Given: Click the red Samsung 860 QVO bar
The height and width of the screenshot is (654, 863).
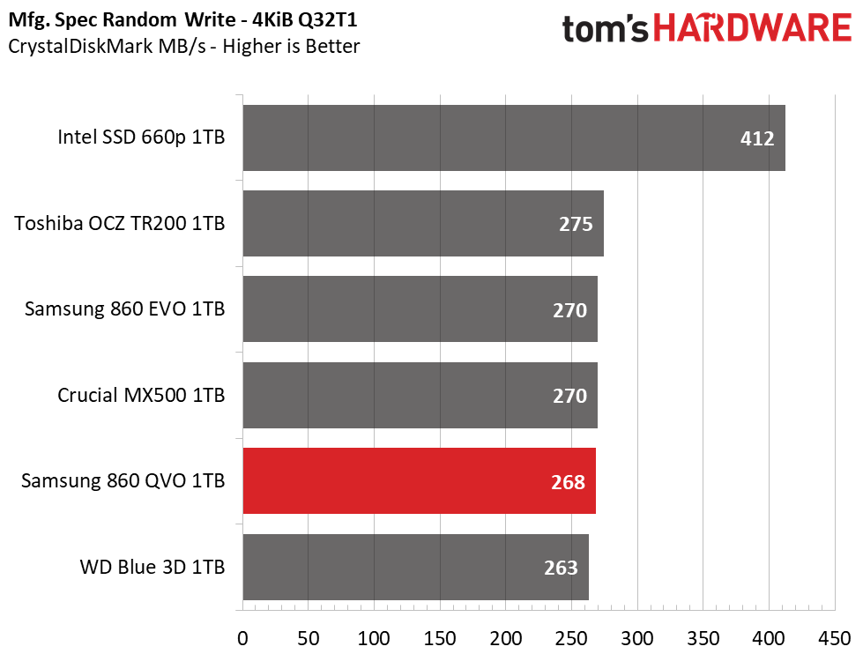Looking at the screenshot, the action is coord(420,480).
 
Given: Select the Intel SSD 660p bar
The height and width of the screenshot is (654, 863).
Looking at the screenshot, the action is coord(514,137).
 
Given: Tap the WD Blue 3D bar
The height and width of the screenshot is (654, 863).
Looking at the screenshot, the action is coord(416,567).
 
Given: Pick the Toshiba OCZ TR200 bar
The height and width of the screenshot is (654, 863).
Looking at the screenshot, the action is coord(423,224).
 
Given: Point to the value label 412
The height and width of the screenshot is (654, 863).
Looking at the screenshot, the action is coord(756,138).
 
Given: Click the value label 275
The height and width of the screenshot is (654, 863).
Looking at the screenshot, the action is coord(576,225).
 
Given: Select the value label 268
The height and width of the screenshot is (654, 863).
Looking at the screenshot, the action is coord(568,482).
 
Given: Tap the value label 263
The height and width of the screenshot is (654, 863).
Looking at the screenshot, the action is coord(561,569).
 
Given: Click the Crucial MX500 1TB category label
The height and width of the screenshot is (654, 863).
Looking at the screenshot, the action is coord(141,395).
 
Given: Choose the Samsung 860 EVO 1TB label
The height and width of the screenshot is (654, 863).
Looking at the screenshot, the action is coord(125,308).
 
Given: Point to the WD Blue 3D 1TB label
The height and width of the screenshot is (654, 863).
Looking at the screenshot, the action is coord(153,567).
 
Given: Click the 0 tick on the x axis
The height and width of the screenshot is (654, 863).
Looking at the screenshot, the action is coord(242,639).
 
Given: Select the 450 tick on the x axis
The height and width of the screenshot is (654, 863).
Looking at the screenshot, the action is coord(835,639).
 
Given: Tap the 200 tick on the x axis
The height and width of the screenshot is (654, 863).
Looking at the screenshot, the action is coord(506,639).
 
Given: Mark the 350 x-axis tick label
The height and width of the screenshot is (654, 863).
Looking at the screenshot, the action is coord(703,639).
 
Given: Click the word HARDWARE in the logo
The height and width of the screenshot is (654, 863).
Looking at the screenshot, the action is coord(753,28).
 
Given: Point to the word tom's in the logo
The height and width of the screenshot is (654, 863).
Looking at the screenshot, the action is coord(606,28).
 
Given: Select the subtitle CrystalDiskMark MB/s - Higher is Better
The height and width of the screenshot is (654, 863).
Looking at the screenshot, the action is coord(184,46).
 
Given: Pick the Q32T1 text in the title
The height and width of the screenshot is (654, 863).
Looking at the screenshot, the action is coord(327,19).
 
